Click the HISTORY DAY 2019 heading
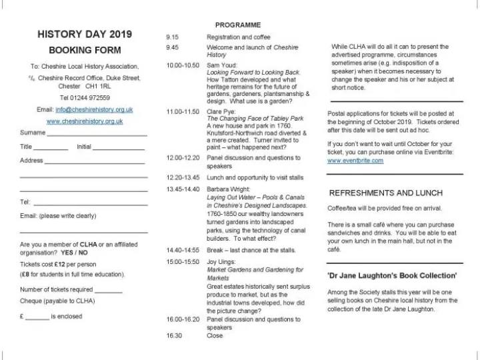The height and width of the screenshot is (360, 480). [85, 35]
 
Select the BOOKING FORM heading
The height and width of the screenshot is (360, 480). [85, 50]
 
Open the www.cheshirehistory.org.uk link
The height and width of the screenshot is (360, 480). [85, 121]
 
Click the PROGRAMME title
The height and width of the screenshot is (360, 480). [237, 25]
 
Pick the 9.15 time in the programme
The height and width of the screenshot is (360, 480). [172, 37]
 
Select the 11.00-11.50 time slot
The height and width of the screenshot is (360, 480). [183, 111]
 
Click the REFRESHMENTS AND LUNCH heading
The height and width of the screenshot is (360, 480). [386, 193]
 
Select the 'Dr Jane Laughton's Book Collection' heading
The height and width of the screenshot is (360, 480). [392, 275]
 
